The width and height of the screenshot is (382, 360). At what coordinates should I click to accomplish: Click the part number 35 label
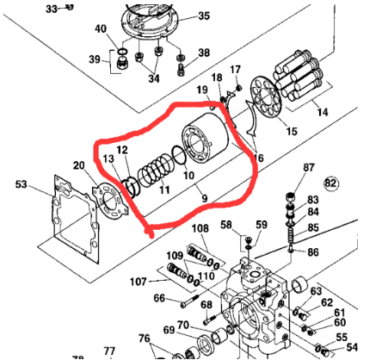click(x=204, y=16)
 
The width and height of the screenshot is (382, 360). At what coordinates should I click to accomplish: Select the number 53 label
click(x=22, y=183)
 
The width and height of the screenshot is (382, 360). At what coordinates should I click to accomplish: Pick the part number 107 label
click(x=139, y=281)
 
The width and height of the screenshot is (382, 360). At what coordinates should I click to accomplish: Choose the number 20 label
click(x=78, y=165)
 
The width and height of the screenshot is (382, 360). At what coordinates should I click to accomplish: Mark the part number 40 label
click(x=101, y=29)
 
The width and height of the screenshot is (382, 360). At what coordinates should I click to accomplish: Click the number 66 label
click(x=159, y=299)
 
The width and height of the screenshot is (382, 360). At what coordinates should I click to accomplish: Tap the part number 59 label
click(x=262, y=227)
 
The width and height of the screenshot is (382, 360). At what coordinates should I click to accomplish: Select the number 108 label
click(x=200, y=228)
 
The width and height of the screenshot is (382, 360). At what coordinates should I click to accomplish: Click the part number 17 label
click(x=235, y=69)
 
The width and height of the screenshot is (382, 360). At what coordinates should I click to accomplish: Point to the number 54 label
click(x=352, y=347)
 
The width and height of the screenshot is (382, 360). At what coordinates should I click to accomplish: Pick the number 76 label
click(x=145, y=338)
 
